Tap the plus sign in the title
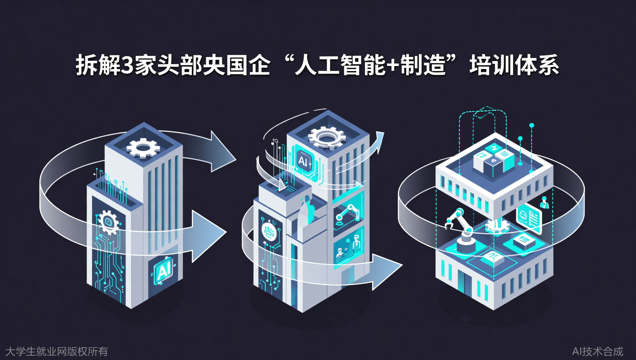click(392, 66)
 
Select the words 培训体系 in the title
click(514, 65)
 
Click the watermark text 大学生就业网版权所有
click(57, 351)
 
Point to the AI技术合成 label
click(597, 351)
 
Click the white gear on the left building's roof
click(143, 147)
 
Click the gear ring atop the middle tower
click(327, 137)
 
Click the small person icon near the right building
click(544, 202)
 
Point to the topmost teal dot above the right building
click(531, 125)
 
